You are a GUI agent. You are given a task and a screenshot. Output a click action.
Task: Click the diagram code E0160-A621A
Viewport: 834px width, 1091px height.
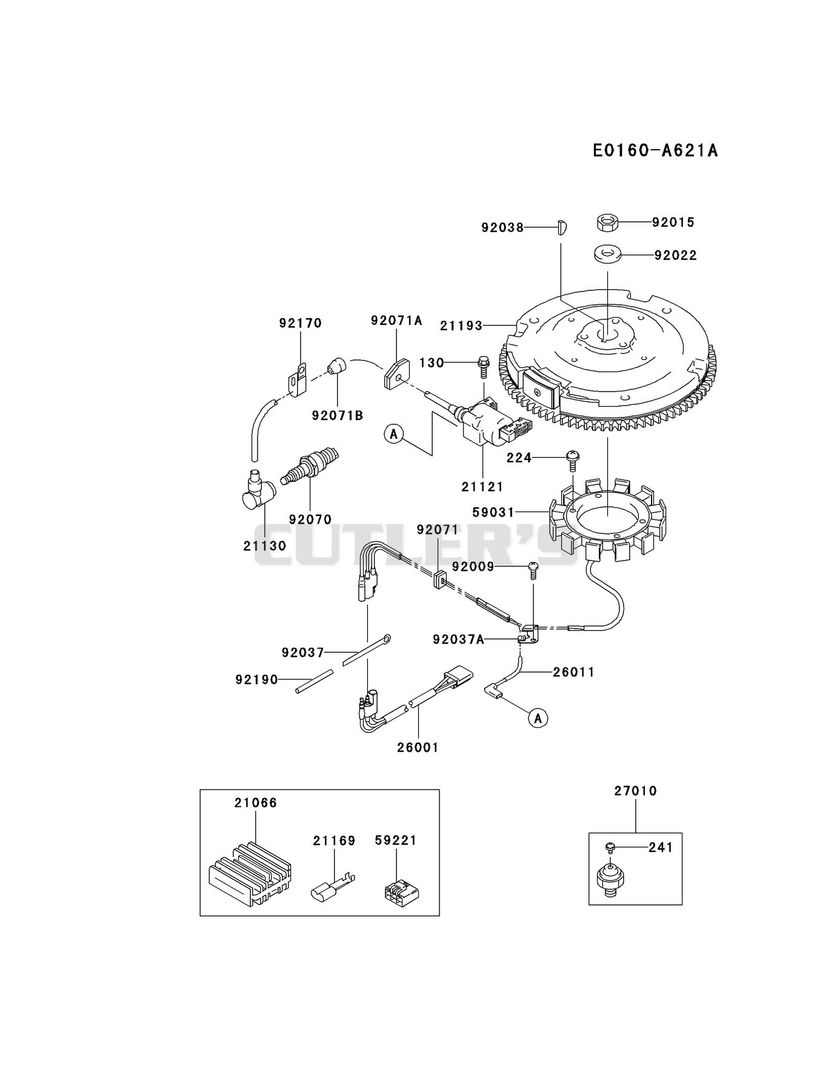(655, 150)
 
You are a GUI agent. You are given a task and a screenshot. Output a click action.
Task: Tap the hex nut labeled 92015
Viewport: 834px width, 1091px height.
(607, 222)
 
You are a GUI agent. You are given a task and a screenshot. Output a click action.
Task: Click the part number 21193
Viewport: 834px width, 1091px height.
(461, 325)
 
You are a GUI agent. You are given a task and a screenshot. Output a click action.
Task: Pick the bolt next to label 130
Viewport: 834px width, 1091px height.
(484, 363)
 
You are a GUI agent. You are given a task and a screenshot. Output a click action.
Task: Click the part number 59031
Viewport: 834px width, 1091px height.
(493, 512)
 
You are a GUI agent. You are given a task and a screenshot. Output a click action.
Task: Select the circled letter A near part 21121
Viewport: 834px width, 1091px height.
(394, 433)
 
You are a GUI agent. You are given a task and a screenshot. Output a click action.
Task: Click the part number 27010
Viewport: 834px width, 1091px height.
(635, 791)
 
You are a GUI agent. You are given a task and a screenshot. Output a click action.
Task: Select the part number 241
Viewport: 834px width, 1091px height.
(661, 847)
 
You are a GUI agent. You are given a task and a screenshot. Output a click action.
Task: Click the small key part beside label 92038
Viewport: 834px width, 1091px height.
(561, 228)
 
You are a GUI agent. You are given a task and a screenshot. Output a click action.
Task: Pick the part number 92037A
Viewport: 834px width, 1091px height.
(458, 639)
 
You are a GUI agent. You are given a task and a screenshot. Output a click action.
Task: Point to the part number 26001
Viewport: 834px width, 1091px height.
(418, 747)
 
